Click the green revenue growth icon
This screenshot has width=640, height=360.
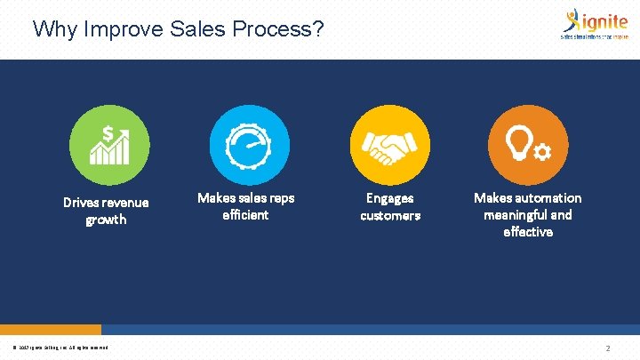tap(110, 145)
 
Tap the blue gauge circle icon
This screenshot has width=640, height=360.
tap(249, 145)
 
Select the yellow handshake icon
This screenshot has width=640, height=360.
tap(389, 145)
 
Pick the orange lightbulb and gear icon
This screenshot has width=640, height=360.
tap(528, 145)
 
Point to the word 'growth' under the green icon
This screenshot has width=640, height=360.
tap(106, 220)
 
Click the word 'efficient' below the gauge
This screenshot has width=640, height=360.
tap(245, 215)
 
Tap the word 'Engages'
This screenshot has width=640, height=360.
tap(390, 198)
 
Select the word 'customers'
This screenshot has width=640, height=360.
tap(390, 215)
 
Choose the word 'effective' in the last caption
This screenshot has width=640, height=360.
tap(528, 231)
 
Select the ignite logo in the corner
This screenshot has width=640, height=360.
tap(592, 24)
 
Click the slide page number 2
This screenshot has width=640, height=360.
tap(607, 348)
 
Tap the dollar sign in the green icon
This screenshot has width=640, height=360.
tap(108, 133)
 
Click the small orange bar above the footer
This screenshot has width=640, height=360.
tap(51, 329)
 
